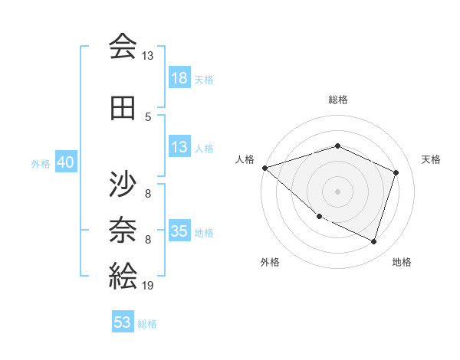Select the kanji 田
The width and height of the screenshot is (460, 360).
(x=123, y=108)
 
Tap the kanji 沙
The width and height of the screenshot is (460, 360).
(x=123, y=185)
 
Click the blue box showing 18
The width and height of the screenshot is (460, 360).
(x=179, y=78)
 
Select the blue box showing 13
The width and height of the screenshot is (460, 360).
(x=179, y=148)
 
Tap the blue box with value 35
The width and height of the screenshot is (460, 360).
(x=179, y=232)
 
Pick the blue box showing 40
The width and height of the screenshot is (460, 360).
(x=65, y=163)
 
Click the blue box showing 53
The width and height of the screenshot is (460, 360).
(x=123, y=322)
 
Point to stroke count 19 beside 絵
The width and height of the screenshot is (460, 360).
(x=147, y=286)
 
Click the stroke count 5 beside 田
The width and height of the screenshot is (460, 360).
(x=148, y=116)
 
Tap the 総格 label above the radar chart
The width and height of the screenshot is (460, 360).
(x=337, y=100)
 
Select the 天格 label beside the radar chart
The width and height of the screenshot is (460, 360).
(x=431, y=159)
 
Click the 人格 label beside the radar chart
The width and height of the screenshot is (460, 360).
(x=245, y=159)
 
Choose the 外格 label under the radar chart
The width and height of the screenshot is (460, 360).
(x=270, y=263)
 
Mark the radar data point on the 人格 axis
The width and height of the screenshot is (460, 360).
(x=264, y=168)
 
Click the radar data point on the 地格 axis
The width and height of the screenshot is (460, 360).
(x=373, y=242)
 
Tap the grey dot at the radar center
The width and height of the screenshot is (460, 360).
(x=337, y=191)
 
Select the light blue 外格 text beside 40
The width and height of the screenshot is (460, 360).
(x=40, y=164)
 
